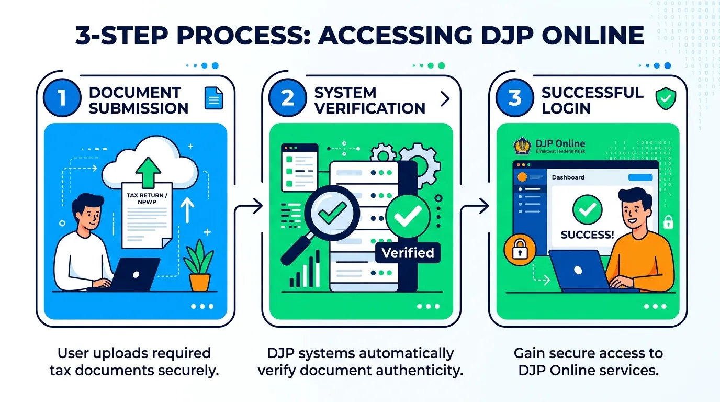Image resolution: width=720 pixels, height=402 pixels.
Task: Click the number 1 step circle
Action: coord(62,98)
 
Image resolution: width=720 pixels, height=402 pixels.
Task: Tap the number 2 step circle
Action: coord(288,98)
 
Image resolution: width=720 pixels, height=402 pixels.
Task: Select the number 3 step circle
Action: coord(514,98)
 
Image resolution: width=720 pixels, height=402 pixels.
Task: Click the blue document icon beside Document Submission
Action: coord(213,98)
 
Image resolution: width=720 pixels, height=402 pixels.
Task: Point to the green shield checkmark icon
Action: coord(666,98)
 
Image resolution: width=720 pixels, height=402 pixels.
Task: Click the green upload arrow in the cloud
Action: coord(148,173)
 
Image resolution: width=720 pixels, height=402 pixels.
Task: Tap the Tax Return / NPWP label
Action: coord(147,198)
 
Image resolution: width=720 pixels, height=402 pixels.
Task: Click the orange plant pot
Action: coord(200,282)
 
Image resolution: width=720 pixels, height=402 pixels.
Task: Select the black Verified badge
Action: coord(408,253)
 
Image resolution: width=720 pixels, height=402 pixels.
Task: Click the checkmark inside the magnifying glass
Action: coord(332,213)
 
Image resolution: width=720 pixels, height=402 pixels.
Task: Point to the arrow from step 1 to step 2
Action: coord(248,206)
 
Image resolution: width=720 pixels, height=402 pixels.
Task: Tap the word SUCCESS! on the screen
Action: coord(587,235)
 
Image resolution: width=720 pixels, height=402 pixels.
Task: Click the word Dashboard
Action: coord(568,177)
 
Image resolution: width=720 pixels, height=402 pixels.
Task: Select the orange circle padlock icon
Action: coord(520,250)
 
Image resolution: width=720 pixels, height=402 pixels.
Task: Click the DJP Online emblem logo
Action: coord(522,147)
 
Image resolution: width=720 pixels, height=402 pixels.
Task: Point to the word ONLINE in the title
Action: coord(593,35)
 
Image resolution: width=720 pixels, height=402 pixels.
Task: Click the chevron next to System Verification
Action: coord(445,99)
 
